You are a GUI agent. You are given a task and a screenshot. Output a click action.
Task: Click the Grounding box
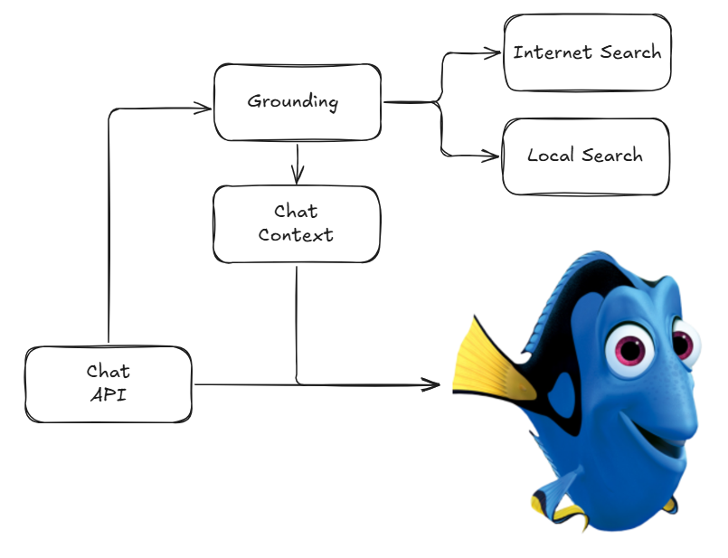(298, 102)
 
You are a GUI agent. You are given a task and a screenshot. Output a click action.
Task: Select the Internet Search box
(587, 52)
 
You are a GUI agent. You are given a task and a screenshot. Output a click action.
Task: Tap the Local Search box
(586, 156)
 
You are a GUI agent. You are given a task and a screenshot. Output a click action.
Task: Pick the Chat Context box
(297, 224)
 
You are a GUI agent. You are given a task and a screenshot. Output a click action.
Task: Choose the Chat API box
(109, 384)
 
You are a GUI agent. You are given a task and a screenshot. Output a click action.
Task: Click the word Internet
(552, 52)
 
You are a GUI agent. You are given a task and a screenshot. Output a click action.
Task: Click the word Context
(296, 235)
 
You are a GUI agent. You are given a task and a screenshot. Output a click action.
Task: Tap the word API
(109, 395)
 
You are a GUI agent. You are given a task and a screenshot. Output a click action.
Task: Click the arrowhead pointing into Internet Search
(493, 53)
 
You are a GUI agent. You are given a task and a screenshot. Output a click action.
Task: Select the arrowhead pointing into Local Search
(491, 156)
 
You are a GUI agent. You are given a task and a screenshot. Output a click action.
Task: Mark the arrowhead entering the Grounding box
(203, 109)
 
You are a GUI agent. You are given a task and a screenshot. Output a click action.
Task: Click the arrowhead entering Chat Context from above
(298, 175)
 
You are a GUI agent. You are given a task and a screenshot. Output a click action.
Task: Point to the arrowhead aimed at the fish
(430, 384)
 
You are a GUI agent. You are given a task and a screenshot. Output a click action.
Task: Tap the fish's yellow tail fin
(492, 362)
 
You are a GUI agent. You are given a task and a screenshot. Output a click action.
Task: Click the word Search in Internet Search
(630, 52)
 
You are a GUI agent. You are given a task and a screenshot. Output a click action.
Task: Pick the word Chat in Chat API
(109, 372)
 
